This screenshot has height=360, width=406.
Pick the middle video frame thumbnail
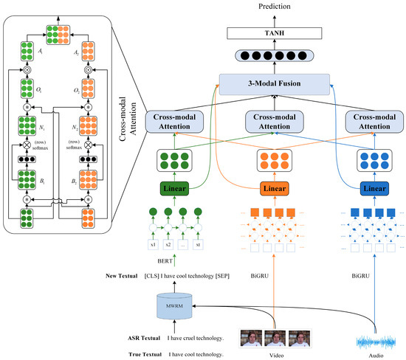(274, 339)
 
